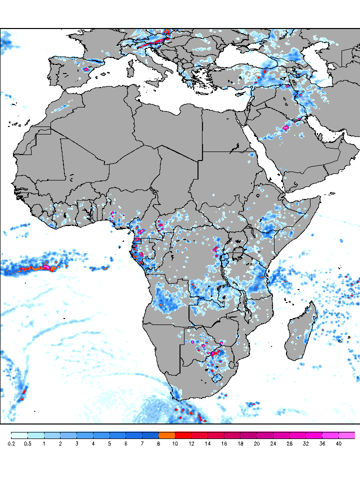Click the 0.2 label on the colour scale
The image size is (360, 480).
tap(11, 443)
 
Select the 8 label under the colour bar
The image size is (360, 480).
tap(158, 443)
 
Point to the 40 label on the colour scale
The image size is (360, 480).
tap(338, 443)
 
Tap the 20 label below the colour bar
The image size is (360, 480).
tap(256, 443)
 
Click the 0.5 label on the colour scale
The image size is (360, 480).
tap(27, 443)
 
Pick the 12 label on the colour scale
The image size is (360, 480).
tap(191, 443)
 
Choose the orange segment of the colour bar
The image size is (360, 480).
tap(166, 435)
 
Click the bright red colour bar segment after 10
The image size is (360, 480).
tap(183, 435)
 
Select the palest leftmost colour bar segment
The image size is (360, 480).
tap(19, 435)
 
